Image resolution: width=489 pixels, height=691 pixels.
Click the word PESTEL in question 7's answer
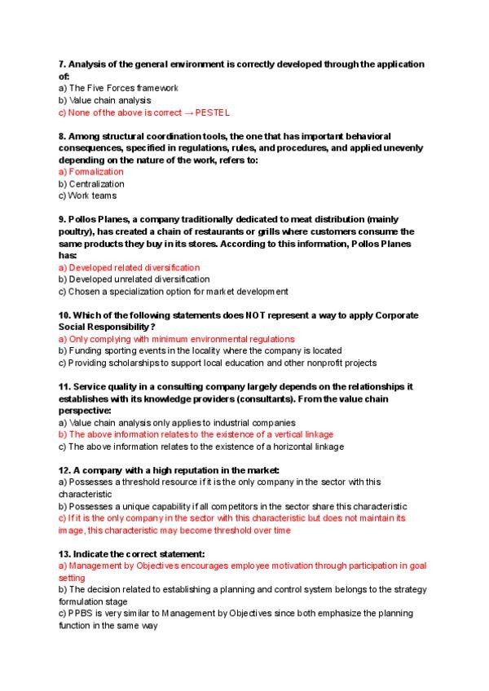tap(214, 113)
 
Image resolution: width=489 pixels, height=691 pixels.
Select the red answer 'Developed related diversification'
tap(134, 267)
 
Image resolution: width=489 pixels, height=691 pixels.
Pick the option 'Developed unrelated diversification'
tap(139, 279)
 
